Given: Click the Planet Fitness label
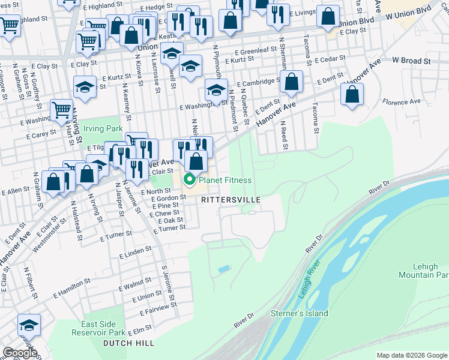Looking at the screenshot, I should click(225, 180).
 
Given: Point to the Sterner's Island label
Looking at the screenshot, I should click(300, 313).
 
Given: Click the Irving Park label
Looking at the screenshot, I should click(103, 128).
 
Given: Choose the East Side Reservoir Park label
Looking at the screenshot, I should click(98, 328).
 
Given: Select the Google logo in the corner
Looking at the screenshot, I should click(20, 353).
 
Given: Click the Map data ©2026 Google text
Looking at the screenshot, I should click(411, 355).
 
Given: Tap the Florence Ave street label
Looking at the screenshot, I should click(402, 102).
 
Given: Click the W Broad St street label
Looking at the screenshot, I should click(412, 61).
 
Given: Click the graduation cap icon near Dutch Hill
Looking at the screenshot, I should click(29, 325).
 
